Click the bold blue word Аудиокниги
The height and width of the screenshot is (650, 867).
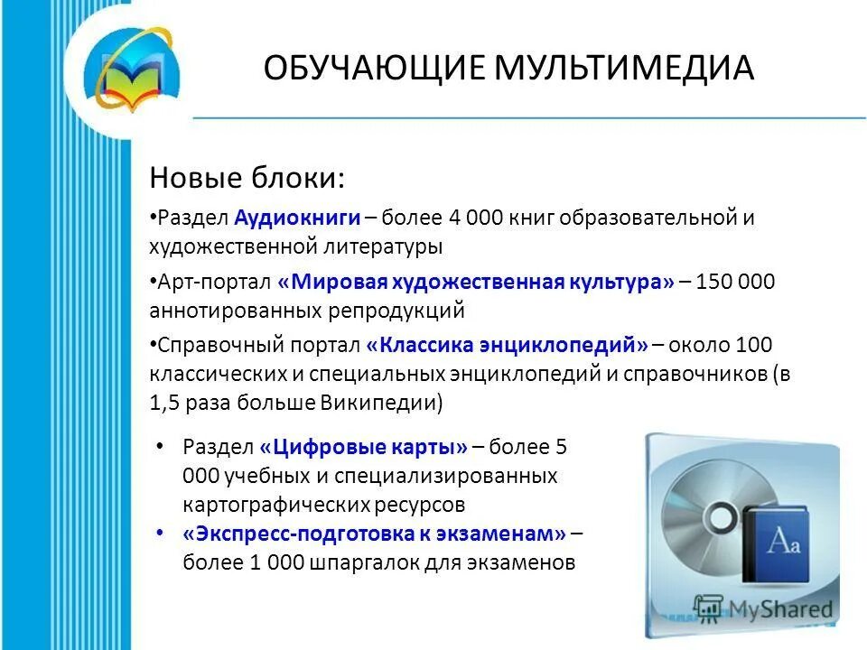298,218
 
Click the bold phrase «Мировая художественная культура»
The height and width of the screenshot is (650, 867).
476,282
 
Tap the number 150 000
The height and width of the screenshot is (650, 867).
735,282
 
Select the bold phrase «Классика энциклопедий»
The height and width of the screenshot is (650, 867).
508,345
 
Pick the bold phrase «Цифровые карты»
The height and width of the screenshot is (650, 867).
363,446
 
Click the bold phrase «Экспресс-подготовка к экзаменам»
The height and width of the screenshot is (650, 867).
374,534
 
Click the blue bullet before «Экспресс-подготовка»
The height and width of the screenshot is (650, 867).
160,534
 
